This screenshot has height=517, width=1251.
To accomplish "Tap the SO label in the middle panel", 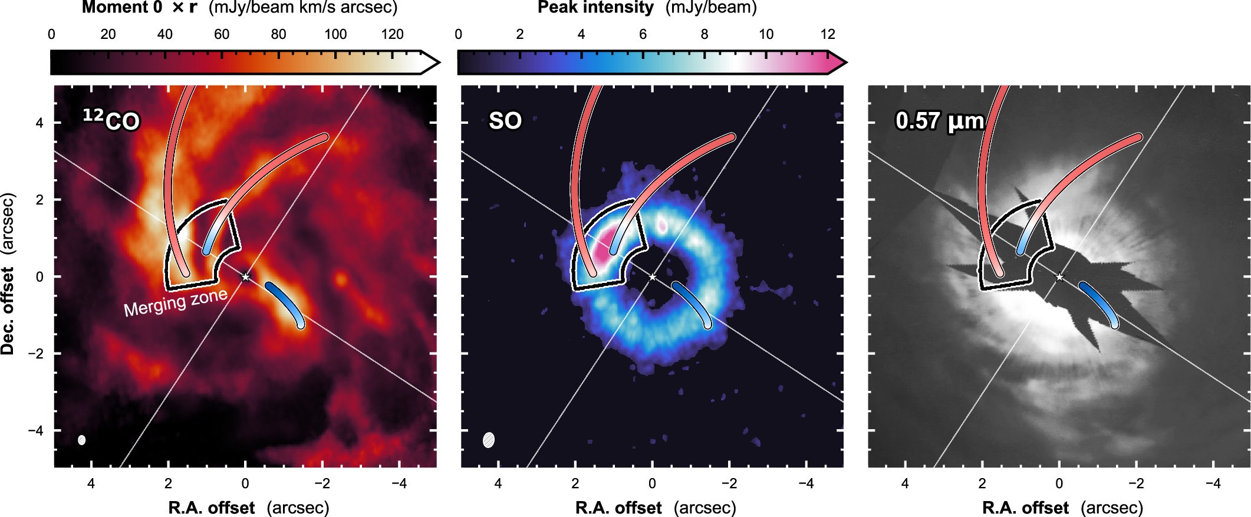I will click(505, 121).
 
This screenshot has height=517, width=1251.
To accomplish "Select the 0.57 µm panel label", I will click(940, 121).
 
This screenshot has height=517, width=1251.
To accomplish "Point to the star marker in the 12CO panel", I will click(246, 276).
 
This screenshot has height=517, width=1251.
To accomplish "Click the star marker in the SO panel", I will click(652, 276).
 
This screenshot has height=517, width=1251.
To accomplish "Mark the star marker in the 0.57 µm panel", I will click(1059, 276).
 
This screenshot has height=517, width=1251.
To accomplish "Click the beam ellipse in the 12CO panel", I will click(82, 440).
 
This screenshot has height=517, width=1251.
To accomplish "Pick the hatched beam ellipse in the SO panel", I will click(489, 440).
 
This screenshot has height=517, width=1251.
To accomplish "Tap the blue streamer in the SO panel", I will click(692, 304).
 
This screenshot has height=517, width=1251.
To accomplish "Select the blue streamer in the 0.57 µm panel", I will click(1099, 304).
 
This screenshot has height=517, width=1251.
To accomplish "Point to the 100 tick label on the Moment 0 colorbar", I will click(335, 34).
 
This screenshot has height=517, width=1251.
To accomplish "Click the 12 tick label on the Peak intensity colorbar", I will click(828, 34).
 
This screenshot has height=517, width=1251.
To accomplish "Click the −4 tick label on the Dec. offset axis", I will click(36, 430).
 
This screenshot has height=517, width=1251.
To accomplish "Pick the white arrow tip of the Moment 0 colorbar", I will click(431, 62).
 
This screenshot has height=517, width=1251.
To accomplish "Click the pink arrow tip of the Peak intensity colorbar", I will click(838, 62).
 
